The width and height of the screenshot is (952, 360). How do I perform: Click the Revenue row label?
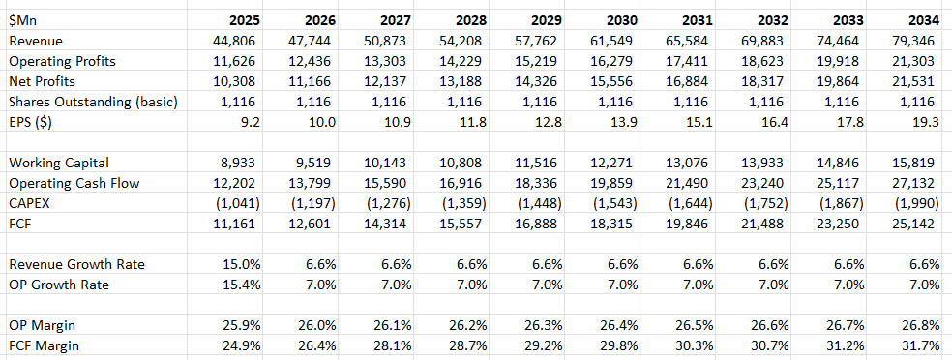coord(36,41)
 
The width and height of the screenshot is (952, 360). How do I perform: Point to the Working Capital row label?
coord(57,162)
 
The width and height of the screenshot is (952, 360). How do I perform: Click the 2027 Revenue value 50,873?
coord(392,41)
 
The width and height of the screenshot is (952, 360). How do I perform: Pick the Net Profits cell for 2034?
coord(916,81)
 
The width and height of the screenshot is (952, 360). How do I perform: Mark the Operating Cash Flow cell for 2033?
coord(842,182)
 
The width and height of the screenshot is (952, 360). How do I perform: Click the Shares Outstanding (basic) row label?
coord(91,102)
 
